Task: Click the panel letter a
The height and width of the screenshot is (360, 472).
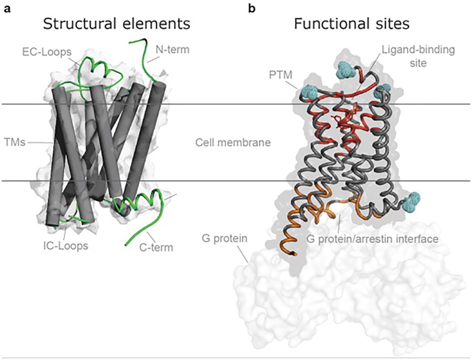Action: pos(7,8)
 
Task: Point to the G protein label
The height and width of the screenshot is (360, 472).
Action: pos(221,240)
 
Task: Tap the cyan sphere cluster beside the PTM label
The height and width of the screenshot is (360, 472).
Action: pos(309,92)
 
